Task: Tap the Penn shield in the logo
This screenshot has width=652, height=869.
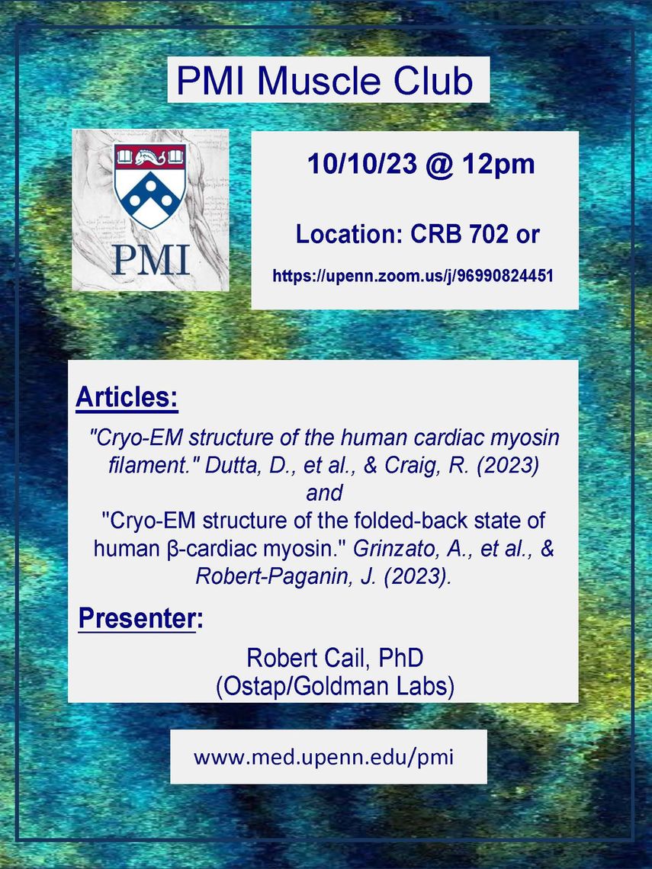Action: [149, 186]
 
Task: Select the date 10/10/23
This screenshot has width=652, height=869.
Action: [362, 164]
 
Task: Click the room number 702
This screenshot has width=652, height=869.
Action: [489, 235]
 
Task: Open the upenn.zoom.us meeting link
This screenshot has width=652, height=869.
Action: [413, 275]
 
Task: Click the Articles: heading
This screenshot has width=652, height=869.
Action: [127, 397]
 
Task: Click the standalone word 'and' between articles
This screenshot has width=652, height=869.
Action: [324, 492]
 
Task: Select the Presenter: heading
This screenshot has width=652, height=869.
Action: [141, 618]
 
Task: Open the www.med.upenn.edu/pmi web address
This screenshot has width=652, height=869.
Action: [324, 757]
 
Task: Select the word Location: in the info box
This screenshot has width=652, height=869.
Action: [348, 235]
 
